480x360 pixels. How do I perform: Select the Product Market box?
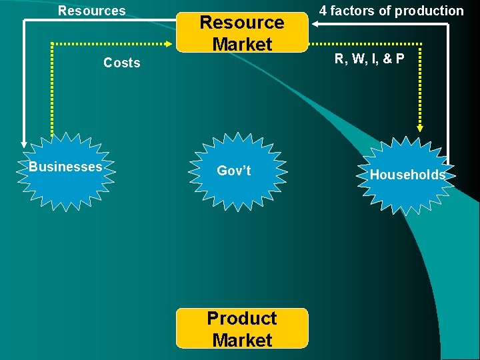[242, 328]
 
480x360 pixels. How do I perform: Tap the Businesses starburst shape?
[65, 171]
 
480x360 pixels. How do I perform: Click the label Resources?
[92, 11]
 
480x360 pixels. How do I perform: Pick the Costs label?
[122, 63]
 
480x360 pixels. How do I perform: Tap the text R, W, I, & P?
[369, 59]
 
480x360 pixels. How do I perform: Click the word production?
[429, 11]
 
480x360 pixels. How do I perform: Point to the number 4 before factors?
[323, 11]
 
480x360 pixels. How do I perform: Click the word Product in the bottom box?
[242, 318]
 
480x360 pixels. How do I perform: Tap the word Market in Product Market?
[242, 340]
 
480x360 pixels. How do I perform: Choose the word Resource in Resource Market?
[242, 22]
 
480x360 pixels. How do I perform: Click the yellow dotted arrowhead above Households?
[421, 128]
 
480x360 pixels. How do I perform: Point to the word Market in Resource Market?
[242, 44]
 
